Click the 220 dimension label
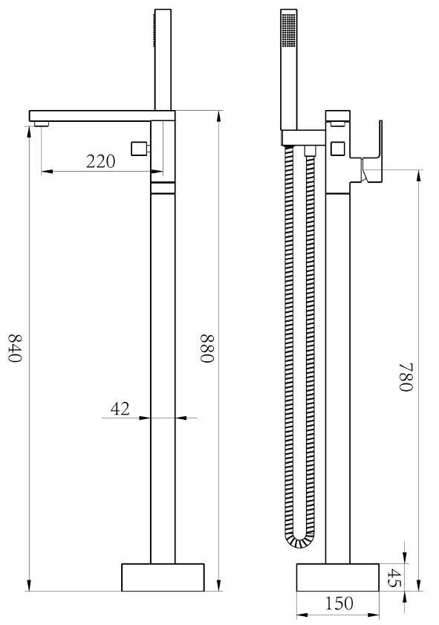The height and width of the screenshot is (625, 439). pos(101,161)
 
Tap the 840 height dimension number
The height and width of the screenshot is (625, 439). pos(15,348)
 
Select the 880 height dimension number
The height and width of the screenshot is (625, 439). pos(207,349)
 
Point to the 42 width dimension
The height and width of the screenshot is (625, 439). pos(120,409)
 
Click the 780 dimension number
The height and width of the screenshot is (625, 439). pos(407,378)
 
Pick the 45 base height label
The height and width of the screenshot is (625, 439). pos(394,578)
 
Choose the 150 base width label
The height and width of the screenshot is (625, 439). pos(339,603)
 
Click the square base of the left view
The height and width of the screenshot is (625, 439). pos(163,577)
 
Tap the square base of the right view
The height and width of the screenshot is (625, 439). pos(337,577)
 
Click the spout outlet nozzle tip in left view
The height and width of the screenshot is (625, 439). pos(42,123)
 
